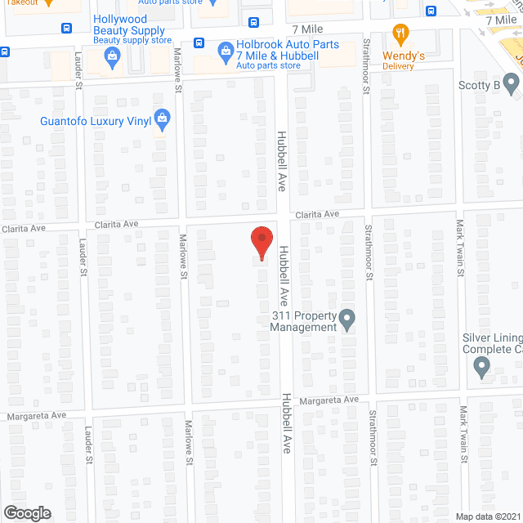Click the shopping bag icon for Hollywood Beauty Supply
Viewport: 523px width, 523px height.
(x=114, y=56)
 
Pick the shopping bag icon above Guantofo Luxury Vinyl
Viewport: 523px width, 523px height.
(x=163, y=119)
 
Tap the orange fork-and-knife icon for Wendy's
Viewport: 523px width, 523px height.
(x=400, y=35)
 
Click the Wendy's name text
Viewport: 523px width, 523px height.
(x=398, y=56)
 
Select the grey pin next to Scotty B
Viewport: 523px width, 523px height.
(x=511, y=83)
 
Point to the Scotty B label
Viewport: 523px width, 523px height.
(x=479, y=85)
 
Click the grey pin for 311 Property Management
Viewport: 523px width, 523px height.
(x=347, y=319)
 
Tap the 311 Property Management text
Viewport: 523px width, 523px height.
(x=304, y=321)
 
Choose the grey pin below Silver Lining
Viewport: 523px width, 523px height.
(x=481, y=369)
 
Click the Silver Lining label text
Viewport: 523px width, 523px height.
(x=491, y=343)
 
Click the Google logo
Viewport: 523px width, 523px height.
(x=27, y=512)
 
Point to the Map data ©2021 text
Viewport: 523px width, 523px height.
(x=488, y=516)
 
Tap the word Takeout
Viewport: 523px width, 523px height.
(x=20, y=2)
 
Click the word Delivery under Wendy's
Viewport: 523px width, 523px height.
(x=398, y=67)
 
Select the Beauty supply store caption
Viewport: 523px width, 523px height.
(x=132, y=40)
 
